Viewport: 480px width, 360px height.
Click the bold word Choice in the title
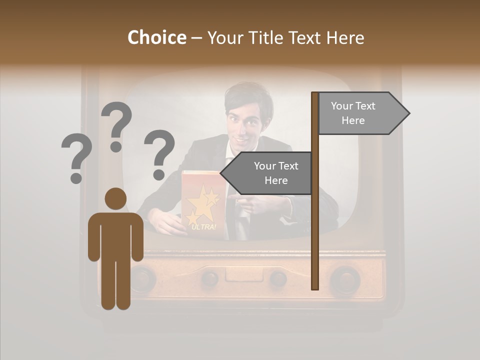(x=156, y=37)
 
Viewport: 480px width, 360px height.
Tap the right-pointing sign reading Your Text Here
(x=360, y=113)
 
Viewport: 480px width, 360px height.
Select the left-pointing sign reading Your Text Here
(x=270, y=173)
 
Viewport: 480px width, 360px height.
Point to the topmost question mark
(x=116, y=125)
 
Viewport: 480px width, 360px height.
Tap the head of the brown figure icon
(x=115, y=198)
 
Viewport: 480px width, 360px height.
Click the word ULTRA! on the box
(x=203, y=226)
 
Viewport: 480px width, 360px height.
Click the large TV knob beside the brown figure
(x=142, y=278)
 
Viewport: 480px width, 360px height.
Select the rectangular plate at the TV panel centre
(x=242, y=274)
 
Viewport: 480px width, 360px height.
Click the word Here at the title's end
(x=345, y=38)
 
